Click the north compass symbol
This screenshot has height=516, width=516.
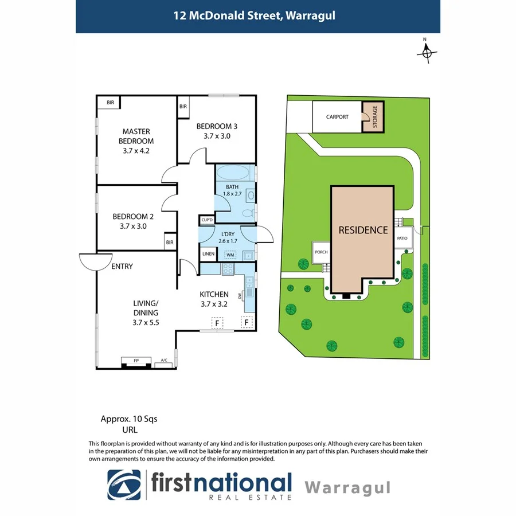pyautogui.click(x=425, y=53)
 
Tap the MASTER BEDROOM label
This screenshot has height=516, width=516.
pyautogui.click(x=136, y=141)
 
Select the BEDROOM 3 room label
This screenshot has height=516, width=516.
pyautogui.click(x=216, y=131)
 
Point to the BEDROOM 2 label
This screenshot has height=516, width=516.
pyautogui.click(x=133, y=221)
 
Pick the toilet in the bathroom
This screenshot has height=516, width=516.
pyautogui.click(x=248, y=213)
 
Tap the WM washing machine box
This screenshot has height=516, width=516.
pyautogui.click(x=230, y=255)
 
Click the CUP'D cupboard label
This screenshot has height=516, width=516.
pyautogui.click(x=206, y=220)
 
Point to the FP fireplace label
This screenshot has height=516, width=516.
pyautogui.click(x=136, y=361)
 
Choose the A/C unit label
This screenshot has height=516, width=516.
pyautogui.click(x=164, y=361)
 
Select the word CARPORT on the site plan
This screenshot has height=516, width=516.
pyautogui.click(x=337, y=117)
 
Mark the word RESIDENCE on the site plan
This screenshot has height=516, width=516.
pyautogui.click(x=363, y=230)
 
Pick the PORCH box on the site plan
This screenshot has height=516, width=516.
pyautogui.click(x=320, y=252)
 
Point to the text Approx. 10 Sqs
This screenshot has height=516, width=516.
pyautogui.click(x=129, y=419)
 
